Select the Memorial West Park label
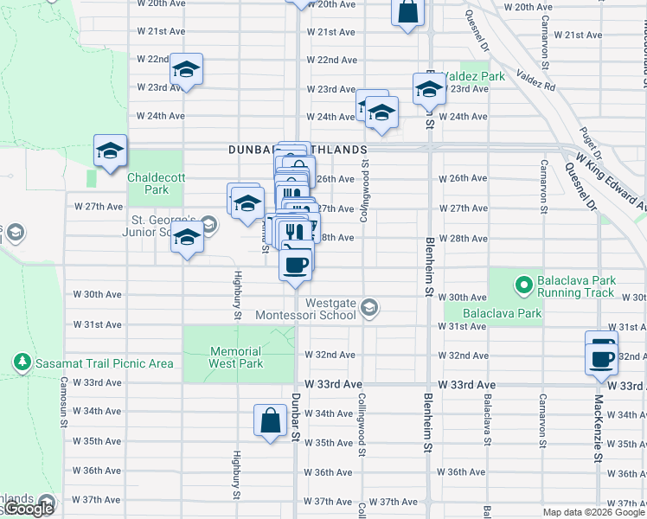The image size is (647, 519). click(235, 358)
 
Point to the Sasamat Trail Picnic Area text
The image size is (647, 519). click(104, 363)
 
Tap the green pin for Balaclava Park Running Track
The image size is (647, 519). click(522, 283)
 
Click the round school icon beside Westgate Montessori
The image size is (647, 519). click(369, 309)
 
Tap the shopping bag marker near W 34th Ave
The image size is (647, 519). click(271, 420)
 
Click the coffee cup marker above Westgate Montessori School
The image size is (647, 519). click(296, 262)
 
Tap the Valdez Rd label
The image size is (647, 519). click(536, 80)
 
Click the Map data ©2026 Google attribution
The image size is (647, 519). click(593, 512)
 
